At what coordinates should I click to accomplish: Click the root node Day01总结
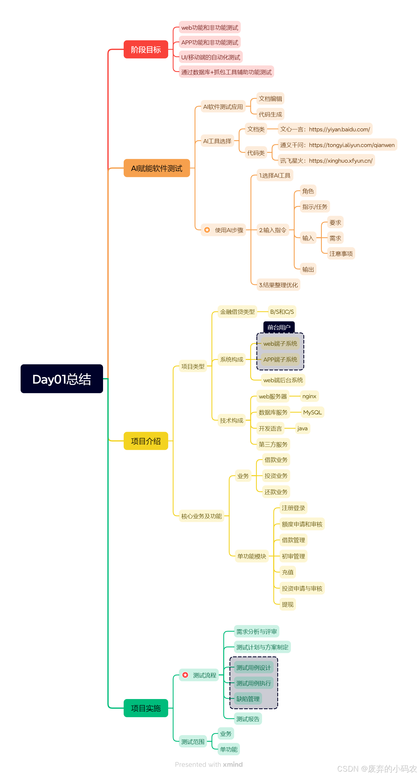[62, 379]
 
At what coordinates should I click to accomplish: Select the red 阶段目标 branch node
[146, 49]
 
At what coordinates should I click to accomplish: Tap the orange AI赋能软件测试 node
[156, 168]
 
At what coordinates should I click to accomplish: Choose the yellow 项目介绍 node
[146, 441]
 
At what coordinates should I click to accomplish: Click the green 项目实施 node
[146, 708]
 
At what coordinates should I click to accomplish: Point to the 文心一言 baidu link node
[325, 129]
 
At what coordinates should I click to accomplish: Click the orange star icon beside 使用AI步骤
[207, 230]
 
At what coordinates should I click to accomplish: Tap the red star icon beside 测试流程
[185, 675]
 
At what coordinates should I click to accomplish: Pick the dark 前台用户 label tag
[279, 327]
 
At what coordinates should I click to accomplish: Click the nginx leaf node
[309, 396]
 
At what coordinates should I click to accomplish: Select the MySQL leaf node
[312, 412]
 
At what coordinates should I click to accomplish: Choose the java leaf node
[302, 428]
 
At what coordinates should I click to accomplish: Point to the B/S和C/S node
[281, 312]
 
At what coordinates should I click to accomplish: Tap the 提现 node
[287, 604]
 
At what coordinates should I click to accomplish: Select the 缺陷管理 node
[248, 699]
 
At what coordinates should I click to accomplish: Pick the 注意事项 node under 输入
[341, 254]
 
